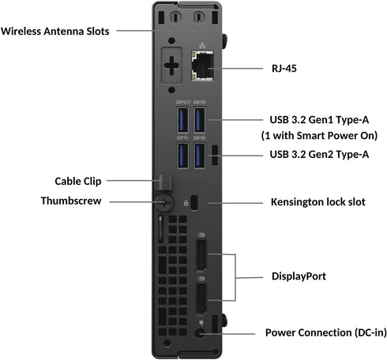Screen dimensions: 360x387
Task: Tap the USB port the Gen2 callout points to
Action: [199, 154]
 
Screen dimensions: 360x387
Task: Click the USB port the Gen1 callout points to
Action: [199, 120]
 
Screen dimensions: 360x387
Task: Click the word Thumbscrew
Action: [70, 201]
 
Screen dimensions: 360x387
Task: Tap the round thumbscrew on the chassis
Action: [163, 201]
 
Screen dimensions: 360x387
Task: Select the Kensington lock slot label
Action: [317, 201]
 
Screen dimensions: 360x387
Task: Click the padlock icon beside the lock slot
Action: [185, 202]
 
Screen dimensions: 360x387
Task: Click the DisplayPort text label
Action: [299, 277]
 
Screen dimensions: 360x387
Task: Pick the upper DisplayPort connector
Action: [200, 257]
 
